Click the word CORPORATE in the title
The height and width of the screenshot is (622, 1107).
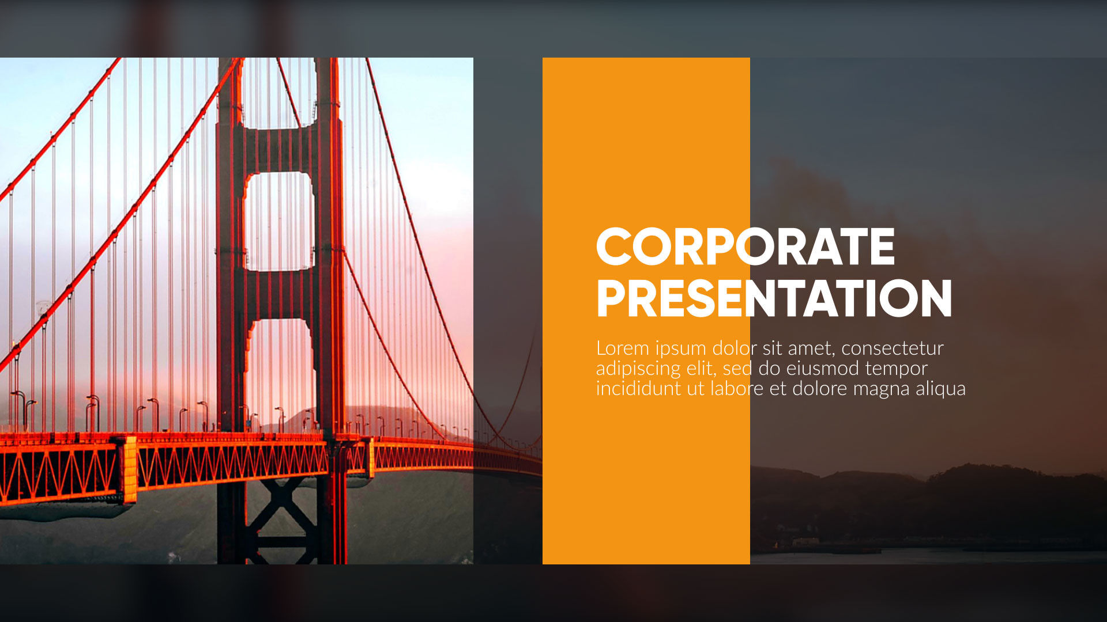(x=745, y=246)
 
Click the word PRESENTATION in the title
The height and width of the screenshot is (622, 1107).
(x=774, y=298)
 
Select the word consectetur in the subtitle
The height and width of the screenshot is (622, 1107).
(x=893, y=348)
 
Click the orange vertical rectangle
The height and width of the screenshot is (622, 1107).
(x=646, y=311)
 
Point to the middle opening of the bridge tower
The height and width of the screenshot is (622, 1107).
(x=280, y=221)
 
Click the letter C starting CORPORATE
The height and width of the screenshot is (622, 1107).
(x=615, y=246)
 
